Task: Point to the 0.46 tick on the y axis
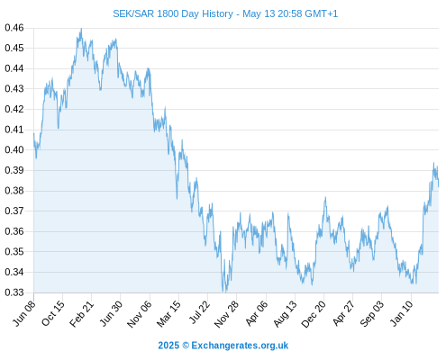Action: pyautogui.click(x=14, y=28)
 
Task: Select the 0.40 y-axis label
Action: pyautogui.click(x=14, y=149)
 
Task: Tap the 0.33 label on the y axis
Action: pyautogui.click(x=14, y=292)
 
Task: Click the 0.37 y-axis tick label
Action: pyautogui.click(x=14, y=211)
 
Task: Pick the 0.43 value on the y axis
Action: pyautogui.click(x=14, y=88)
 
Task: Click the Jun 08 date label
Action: pyautogui.click(x=24, y=313)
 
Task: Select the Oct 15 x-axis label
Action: pyautogui.click(x=53, y=313)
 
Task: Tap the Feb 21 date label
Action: pyautogui.click(x=82, y=313)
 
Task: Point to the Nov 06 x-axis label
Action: pyautogui.click(x=139, y=314)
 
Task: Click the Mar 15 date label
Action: pyautogui.click(x=168, y=313)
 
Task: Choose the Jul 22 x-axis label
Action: pyautogui.click(x=199, y=312)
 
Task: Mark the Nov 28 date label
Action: pyautogui.click(x=226, y=314)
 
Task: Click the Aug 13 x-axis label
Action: pyautogui.click(x=285, y=313)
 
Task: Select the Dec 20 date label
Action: pyautogui.click(x=314, y=314)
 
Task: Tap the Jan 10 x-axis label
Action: pyautogui.click(x=401, y=313)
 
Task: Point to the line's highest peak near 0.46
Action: pyautogui.click(x=81, y=29)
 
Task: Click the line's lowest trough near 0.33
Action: pyautogui.click(x=225, y=292)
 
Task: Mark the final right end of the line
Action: pyautogui.click(x=439, y=186)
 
